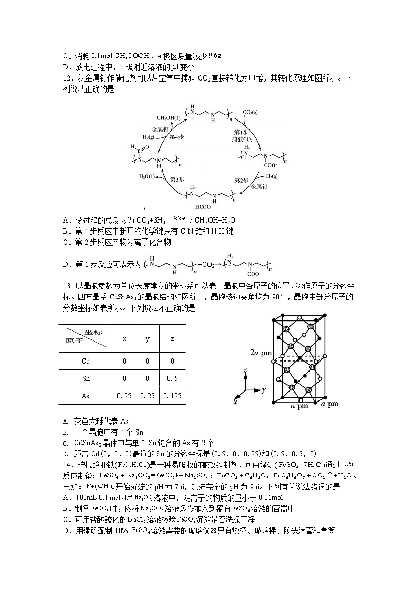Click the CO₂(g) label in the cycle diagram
coord(250,112)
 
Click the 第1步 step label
coord(241,132)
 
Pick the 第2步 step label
coord(241,180)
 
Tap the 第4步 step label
coord(176,136)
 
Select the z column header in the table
coord(172,339)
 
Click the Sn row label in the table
coord(86,378)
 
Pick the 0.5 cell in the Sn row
coord(172,378)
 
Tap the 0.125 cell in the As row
coord(172,396)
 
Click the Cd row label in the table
coord(86,361)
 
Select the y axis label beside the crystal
coord(262,390)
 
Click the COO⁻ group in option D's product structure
coord(254,274)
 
